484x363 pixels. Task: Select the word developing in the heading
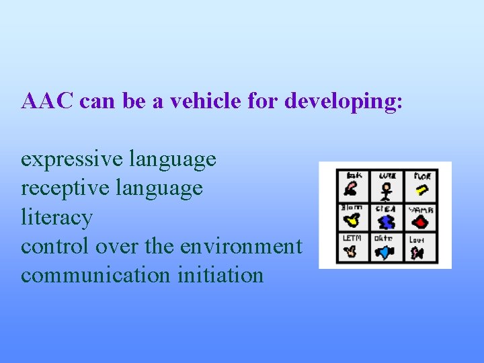pyautogui.click(x=342, y=101)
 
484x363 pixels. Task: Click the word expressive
pyautogui.click(x=71, y=159)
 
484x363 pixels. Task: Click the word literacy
pyautogui.click(x=56, y=218)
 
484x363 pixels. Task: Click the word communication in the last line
pyautogui.click(x=95, y=275)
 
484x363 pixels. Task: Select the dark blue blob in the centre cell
pyautogui.click(x=387, y=223)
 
